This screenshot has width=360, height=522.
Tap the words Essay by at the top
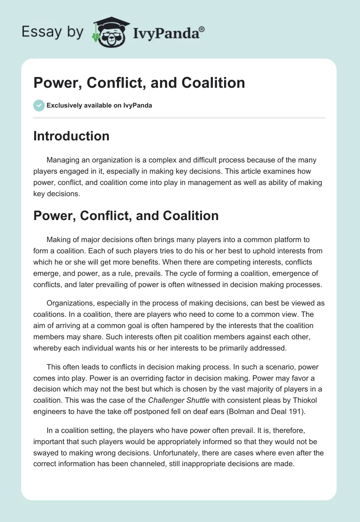(52, 32)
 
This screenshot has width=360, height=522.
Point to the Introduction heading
(71, 136)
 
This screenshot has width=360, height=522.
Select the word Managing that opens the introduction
(63, 161)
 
